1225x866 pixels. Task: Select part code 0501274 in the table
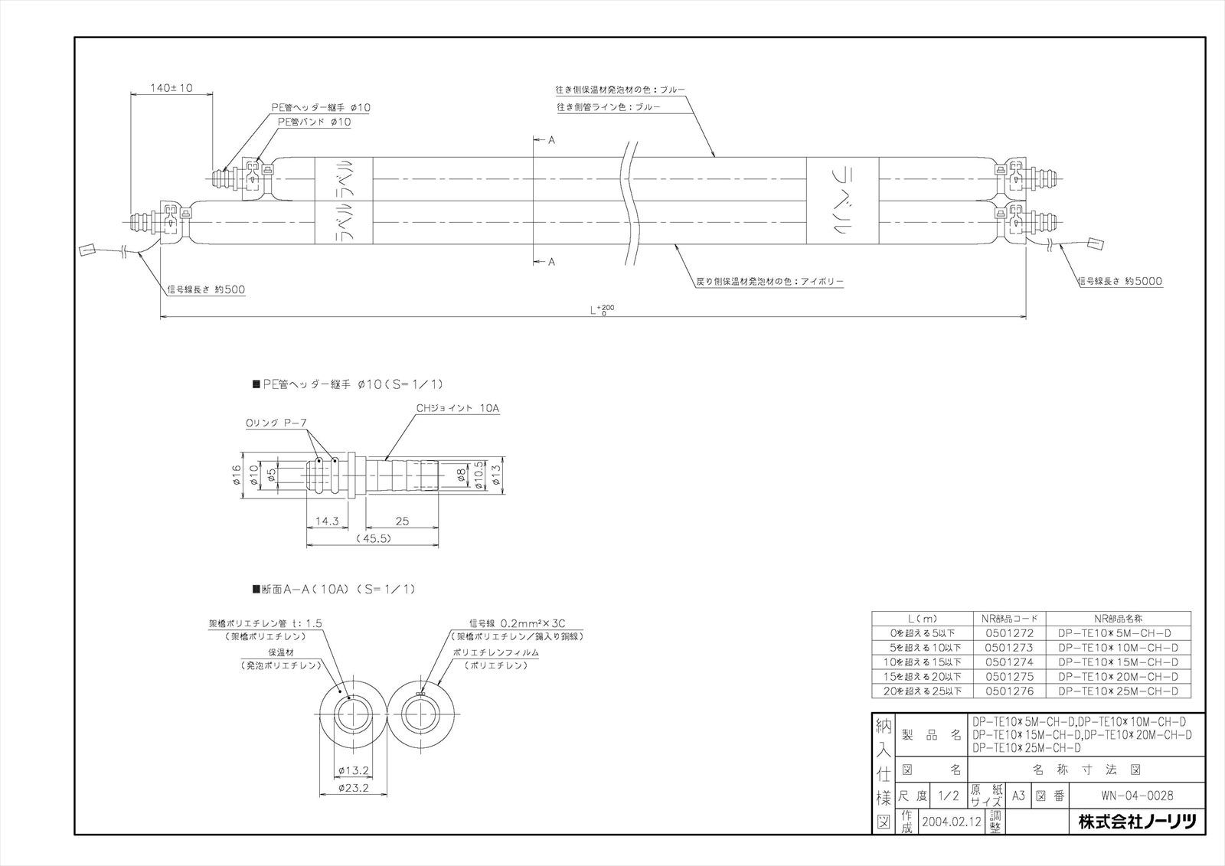coord(1008,662)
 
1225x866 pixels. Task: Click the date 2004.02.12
coord(952,822)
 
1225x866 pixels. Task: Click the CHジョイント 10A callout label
coord(458,409)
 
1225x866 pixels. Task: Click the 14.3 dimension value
coord(327,521)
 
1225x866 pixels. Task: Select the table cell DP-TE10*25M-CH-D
coord(1119,691)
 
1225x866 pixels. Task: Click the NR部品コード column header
coord(1008,619)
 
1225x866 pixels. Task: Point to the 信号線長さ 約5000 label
coord(1119,282)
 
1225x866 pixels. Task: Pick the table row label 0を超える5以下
coord(922,633)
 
